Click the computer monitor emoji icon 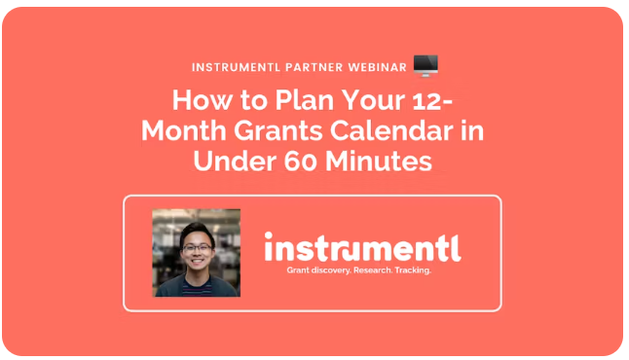click(425, 66)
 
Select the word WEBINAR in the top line click(374, 67)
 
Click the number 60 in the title click(298, 162)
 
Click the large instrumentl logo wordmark click(362, 247)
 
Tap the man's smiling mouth click(197, 263)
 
